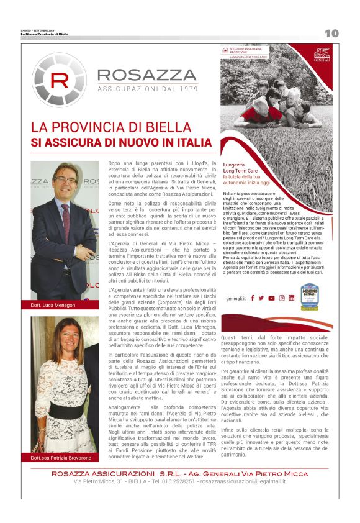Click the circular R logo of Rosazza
click(x=59, y=80)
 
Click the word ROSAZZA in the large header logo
click(x=147, y=76)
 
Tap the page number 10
click(x=331, y=33)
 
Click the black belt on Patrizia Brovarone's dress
click(x=66, y=411)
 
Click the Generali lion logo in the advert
click(x=322, y=53)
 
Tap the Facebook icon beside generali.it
click(x=252, y=298)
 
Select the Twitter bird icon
click(x=261, y=298)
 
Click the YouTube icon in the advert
click(x=271, y=298)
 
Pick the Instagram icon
click(x=281, y=298)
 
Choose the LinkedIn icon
click(x=291, y=298)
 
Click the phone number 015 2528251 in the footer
click(x=181, y=481)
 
